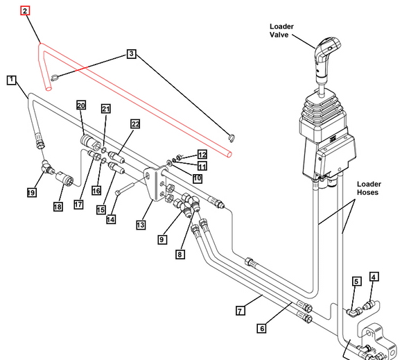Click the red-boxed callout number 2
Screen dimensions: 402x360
coord(25,11)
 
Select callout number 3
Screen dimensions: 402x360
coord(132,54)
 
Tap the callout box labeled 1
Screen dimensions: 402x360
coord(11,80)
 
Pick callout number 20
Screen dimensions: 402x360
coord(81,105)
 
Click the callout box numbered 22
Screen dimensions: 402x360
coord(135,124)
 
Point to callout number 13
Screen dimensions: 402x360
coord(141,225)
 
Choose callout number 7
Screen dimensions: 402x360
coord(241,311)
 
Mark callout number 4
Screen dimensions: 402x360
coord(374,277)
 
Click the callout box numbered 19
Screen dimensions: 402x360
coord(31,192)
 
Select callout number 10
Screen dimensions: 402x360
coord(197,178)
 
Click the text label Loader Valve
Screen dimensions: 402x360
coord(281,31)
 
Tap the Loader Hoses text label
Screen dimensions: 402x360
coord(369,188)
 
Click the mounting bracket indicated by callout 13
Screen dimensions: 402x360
coord(156,183)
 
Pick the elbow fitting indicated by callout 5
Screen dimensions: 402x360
coord(354,312)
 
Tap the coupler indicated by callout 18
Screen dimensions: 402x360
coord(64,178)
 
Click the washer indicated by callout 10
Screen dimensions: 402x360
coord(169,163)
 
